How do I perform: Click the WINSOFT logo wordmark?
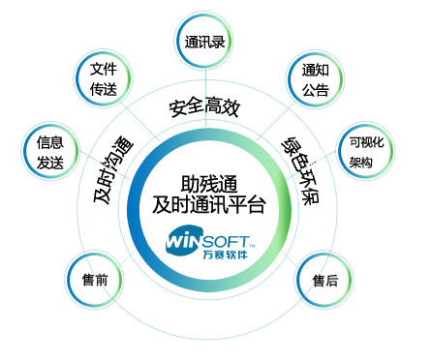tap(209, 238)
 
